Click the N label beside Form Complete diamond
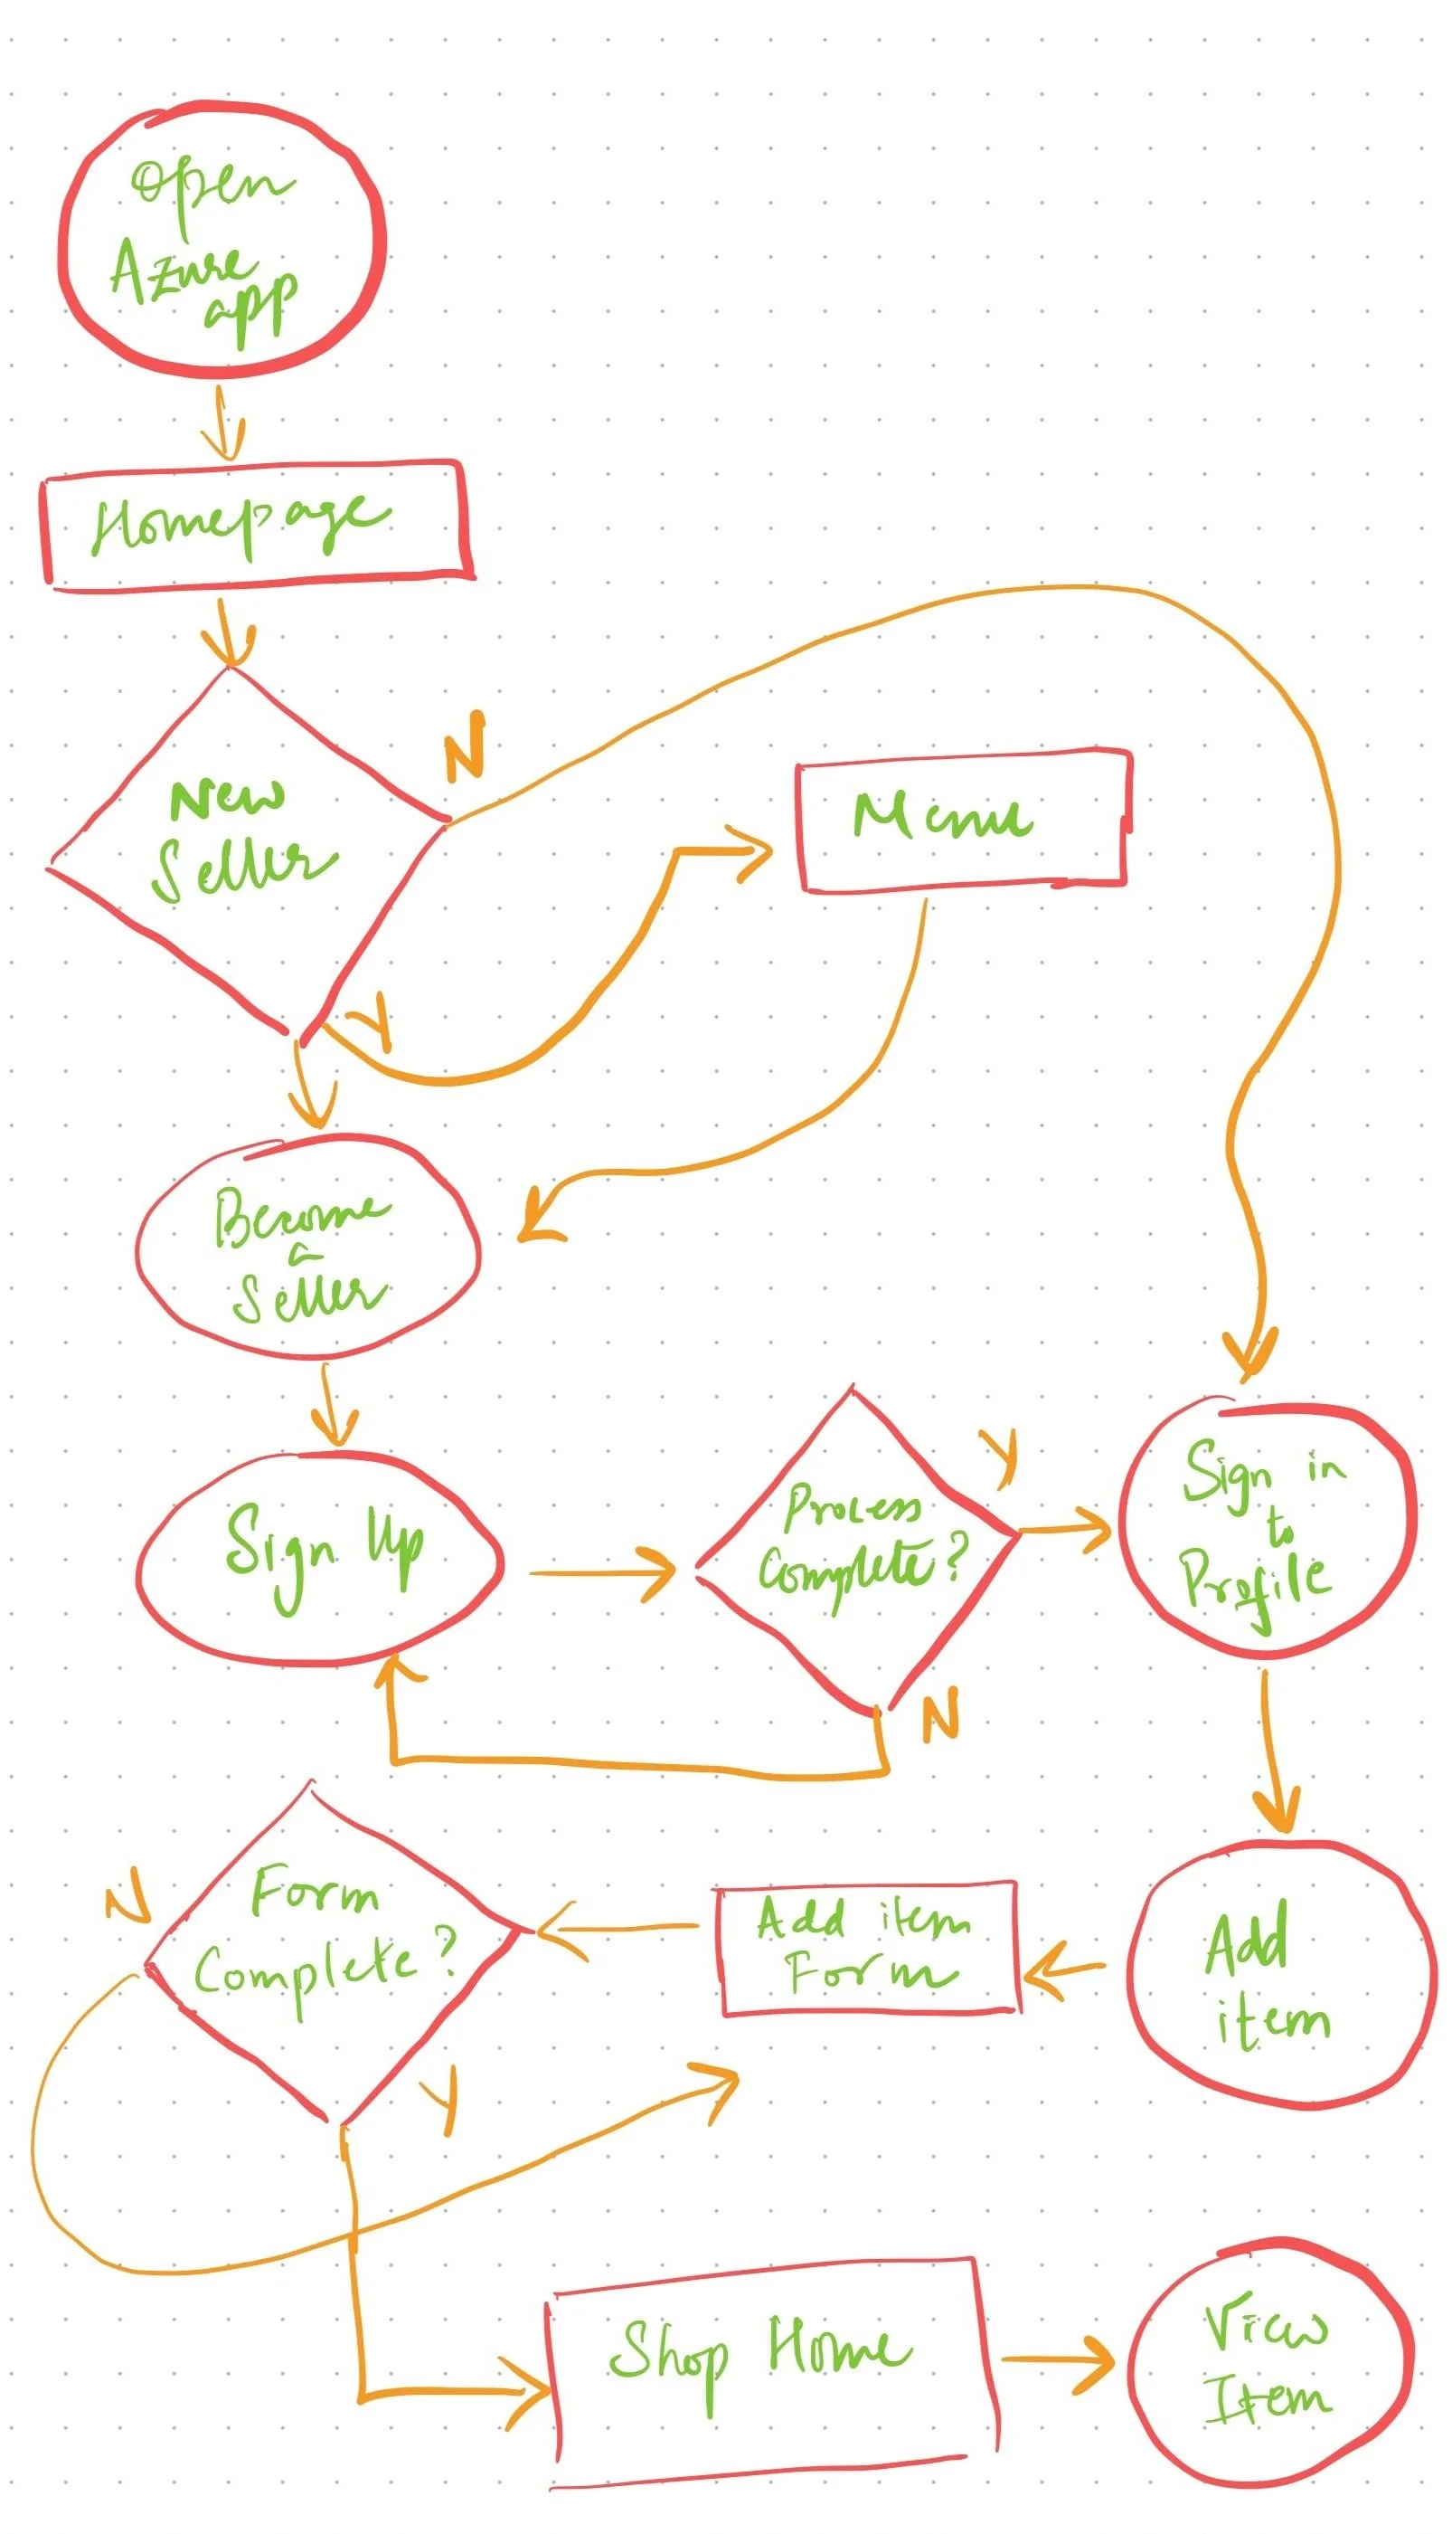[127, 1895]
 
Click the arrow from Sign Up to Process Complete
[603, 1573]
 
